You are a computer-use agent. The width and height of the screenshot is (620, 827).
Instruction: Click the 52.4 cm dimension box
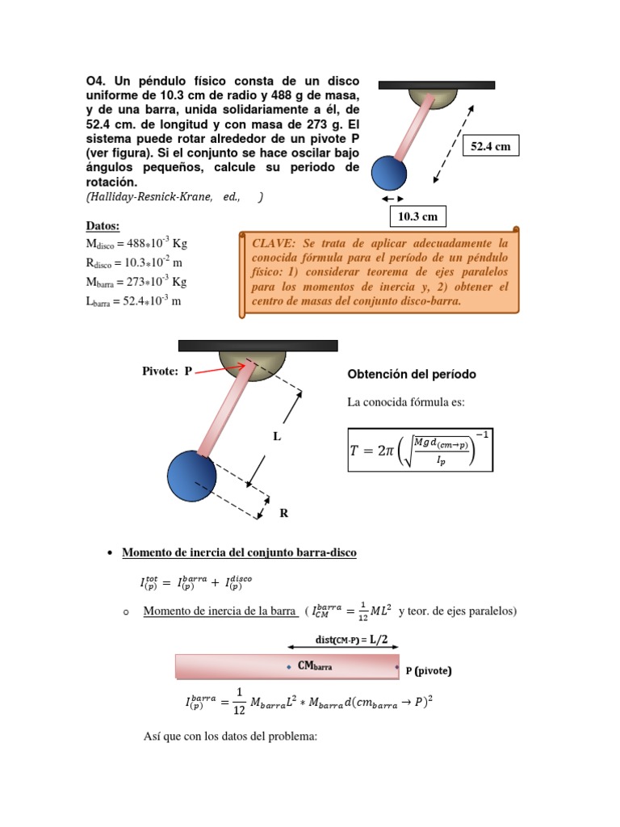click(x=492, y=145)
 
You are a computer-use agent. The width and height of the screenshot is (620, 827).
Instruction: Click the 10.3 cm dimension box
click(x=418, y=216)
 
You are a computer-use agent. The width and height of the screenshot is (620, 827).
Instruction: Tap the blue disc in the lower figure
click(x=191, y=474)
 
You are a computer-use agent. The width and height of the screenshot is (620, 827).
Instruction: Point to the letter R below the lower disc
click(x=283, y=513)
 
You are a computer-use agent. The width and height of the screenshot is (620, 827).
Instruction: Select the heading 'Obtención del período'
click(x=411, y=374)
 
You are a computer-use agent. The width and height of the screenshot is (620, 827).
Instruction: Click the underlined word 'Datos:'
click(x=103, y=225)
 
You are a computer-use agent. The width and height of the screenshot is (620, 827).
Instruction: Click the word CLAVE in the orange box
click(x=274, y=242)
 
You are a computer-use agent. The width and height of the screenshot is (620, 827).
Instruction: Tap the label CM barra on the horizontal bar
click(x=316, y=667)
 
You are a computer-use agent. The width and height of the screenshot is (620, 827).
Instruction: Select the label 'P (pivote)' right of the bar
click(x=428, y=670)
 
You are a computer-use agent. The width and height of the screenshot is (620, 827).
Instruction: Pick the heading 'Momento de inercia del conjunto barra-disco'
click(x=238, y=552)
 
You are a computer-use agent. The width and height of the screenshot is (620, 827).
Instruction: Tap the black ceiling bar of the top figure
click(x=437, y=84)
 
